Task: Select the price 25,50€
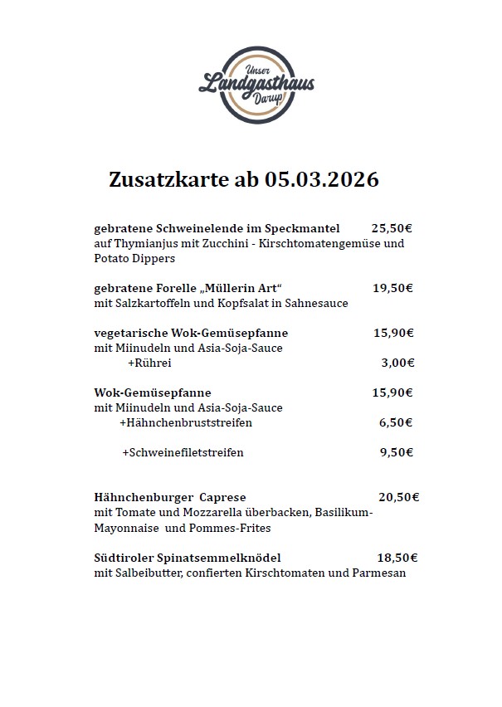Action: [392, 227]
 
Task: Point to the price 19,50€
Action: [392, 288]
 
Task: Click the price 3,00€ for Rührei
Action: [397, 363]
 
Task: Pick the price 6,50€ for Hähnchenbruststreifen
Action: [396, 422]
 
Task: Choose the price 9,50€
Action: [396, 453]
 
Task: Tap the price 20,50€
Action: [398, 498]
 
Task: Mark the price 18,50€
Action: [397, 558]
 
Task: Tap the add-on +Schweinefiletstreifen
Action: [183, 453]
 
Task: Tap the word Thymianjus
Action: [138, 243]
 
